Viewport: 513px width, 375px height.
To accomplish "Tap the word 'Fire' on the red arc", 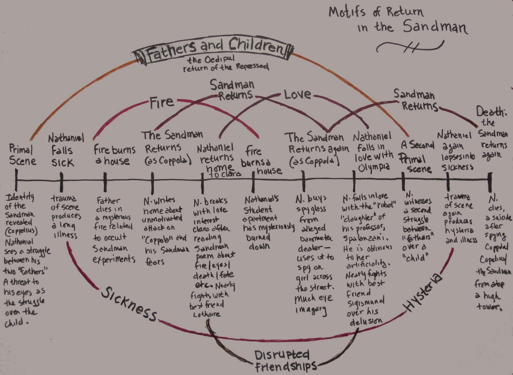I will [162, 102].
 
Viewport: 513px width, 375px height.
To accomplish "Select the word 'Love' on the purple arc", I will [297, 94].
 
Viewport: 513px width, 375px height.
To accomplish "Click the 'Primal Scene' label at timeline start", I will [22, 155].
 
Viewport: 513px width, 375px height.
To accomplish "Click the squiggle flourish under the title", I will [410, 48].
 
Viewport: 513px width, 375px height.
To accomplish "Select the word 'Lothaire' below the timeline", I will [207, 314].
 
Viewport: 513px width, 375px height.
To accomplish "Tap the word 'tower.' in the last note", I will [489, 307].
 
